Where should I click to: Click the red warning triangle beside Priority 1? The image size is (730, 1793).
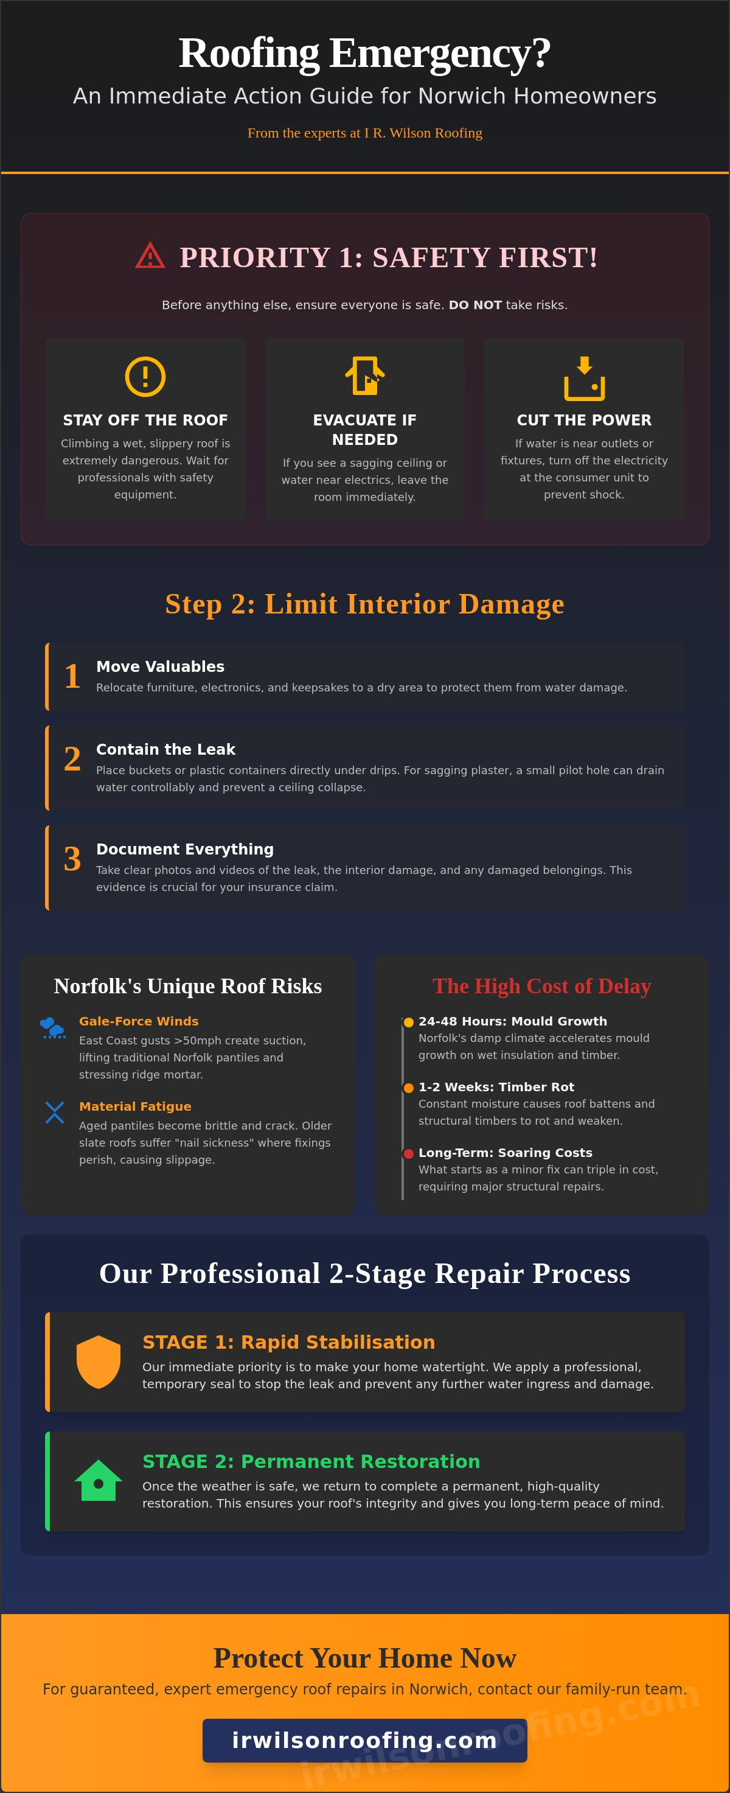coord(150,256)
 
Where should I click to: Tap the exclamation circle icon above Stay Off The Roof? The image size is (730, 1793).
coord(145,377)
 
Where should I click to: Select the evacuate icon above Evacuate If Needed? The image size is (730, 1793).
coord(364,376)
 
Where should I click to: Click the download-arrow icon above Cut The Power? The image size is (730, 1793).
coord(584,378)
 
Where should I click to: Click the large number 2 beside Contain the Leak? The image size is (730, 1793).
coord(72,759)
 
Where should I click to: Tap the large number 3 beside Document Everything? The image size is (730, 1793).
coord(72,859)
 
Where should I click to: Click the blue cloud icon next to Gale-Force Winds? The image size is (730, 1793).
coord(54,1027)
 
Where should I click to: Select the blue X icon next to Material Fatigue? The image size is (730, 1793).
coord(54,1113)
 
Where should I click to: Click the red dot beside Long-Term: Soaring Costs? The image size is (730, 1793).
coord(408,1153)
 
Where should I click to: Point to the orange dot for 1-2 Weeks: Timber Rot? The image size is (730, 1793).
coord(408,1088)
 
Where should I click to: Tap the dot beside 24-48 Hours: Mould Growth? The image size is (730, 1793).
coord(408,1022)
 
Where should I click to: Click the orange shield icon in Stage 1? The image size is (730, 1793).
coord(98,1361)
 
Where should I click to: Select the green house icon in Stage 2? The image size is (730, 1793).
coord(98,1481)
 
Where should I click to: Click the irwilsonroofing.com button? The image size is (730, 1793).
coord(364,1740)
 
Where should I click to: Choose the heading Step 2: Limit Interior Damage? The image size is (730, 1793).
coord(364,604)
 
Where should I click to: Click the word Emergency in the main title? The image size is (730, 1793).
coord(440,54)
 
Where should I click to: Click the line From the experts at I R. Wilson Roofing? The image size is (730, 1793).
coord(364,133)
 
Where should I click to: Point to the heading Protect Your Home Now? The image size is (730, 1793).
coord(364,1658)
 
